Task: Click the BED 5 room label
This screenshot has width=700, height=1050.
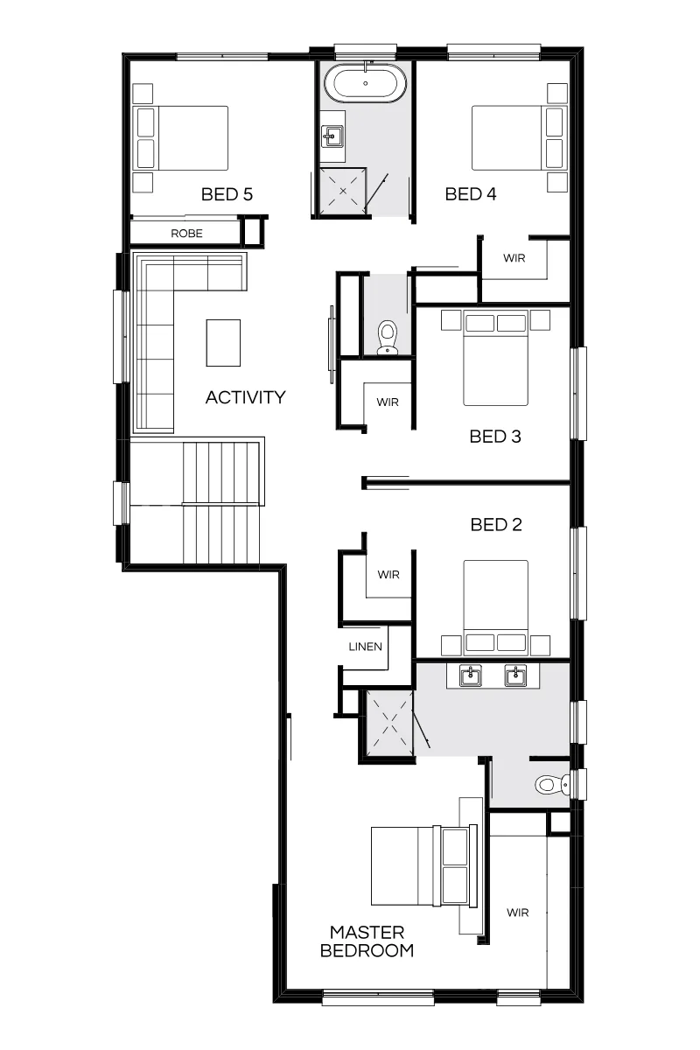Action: [227, 194]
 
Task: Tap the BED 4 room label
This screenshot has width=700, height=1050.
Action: [470, 194]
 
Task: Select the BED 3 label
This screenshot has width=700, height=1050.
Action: [495, 437]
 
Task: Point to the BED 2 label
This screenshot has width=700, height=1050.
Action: [496, 524]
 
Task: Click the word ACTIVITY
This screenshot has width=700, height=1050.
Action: [246, 397]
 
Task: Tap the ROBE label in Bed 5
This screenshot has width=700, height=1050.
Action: [186, 234]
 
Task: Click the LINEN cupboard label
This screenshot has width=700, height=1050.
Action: [365, 647]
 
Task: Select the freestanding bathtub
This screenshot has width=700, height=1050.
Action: [365, 83]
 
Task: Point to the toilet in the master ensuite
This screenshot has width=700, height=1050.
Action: [552, 784]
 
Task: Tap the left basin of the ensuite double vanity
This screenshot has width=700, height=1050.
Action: [470, 675]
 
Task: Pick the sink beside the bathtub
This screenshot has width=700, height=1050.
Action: [332, 136]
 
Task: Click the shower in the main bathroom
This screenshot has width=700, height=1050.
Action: [343, 192]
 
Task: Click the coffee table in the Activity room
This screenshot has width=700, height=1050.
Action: [223, 343]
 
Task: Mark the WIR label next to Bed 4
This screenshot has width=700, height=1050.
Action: [514, 258]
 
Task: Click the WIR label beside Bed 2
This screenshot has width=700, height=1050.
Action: [388, 575]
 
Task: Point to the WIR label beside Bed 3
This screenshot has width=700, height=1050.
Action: [388, 402]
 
